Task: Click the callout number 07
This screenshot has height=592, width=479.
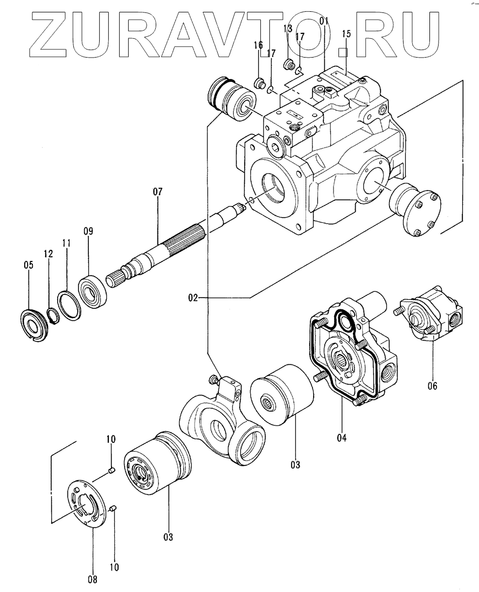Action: point(158,192)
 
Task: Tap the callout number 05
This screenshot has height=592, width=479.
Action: point(29,265)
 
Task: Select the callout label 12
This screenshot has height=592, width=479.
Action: point(48,253)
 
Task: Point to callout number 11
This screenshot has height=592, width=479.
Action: point(66,243)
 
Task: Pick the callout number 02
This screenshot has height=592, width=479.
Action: point(193,298)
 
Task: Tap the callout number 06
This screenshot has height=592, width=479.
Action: point(433,386)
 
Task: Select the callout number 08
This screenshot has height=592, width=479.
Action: point(93,579)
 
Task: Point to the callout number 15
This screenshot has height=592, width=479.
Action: point(346,34)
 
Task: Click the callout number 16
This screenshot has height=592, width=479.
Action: point(258,45)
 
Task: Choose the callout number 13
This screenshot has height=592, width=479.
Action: point(288,29)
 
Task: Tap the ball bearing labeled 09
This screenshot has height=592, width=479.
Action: point(93,290)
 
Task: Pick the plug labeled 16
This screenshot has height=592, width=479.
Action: point(259,82)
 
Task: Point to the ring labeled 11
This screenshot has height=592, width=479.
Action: point(69,306)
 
